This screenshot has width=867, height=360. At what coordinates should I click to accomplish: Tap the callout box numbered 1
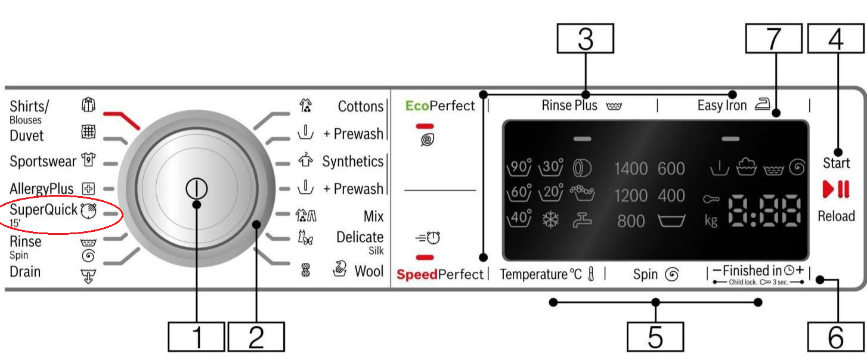[x=196, y=337]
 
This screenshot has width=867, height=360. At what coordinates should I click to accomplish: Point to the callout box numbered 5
[x=655, y=337]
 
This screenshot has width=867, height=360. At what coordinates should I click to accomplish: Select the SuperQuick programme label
[x=44, y=210]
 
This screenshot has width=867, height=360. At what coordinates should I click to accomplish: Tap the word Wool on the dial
[x=369, y=271]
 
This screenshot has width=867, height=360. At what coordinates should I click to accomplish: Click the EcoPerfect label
[x=440, y=106]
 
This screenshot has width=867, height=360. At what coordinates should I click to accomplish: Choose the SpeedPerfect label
[x=440, y=275]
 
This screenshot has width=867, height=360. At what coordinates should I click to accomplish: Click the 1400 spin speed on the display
[x=630, y=169]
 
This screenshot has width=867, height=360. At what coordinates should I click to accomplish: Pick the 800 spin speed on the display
[x=631, y=221]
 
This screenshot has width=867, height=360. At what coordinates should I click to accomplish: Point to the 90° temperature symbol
[x=519, y=168]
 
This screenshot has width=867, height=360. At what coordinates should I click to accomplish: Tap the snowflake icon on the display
[x=550, y=220]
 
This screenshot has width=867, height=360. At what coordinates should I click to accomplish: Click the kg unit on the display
[x=711, y=221]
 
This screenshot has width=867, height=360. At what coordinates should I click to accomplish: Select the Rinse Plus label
[x=569, y=106]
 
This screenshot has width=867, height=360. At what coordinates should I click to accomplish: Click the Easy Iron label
[x=722, y=106]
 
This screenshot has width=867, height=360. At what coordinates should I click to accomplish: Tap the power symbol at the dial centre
[x=196, y=188]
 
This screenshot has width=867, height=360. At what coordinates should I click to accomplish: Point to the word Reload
[x=836, y=216]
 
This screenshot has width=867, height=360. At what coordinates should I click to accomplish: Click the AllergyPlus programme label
[x=42, y=190]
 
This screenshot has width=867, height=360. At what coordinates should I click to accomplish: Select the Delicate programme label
[x=360, y=237]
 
